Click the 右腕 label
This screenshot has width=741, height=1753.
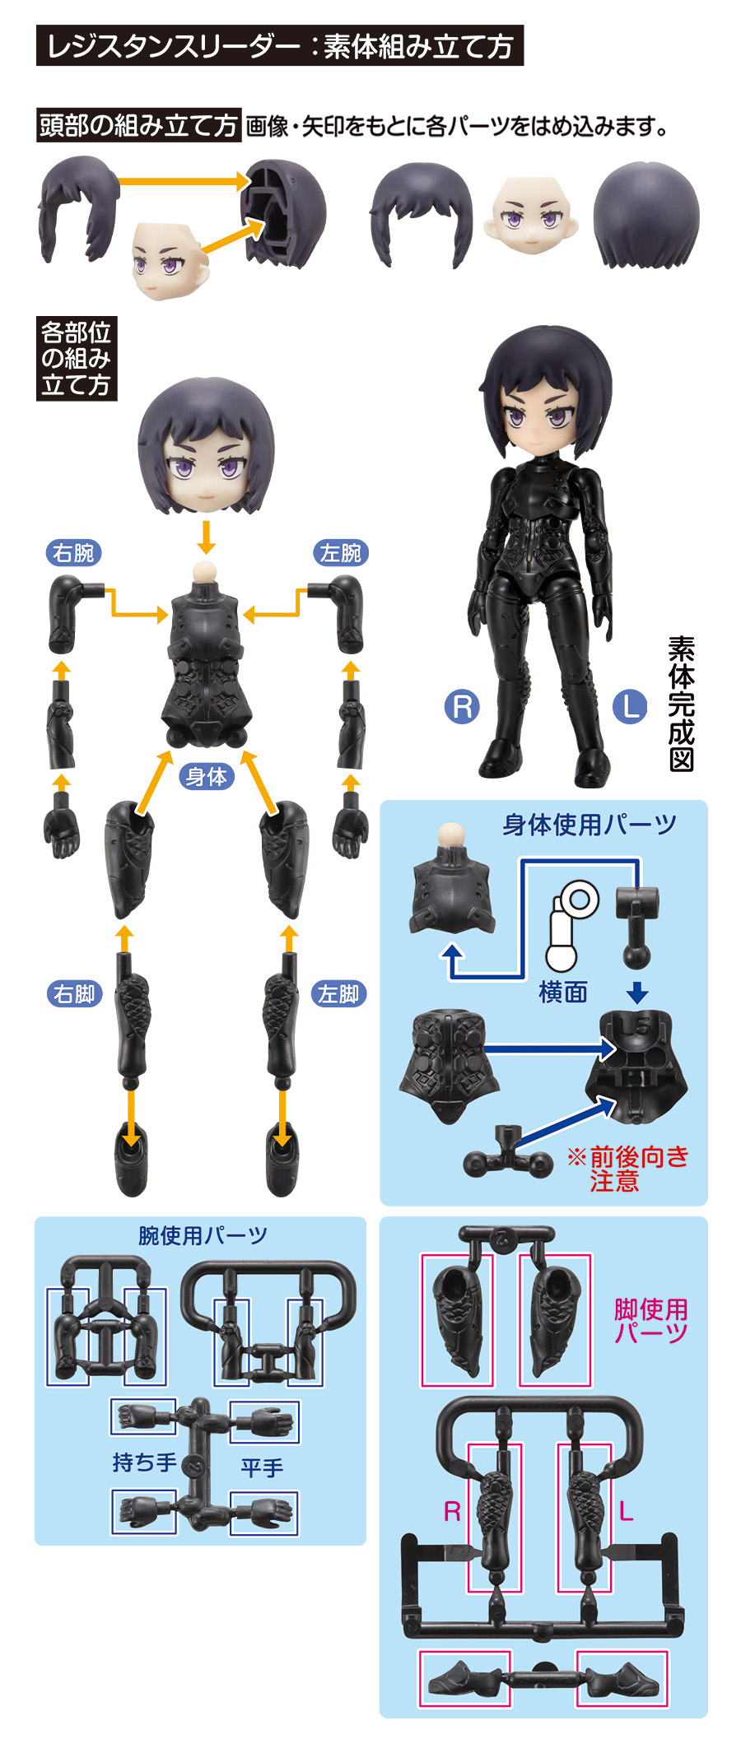pos(73,552)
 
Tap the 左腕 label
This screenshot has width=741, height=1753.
pos(341,552)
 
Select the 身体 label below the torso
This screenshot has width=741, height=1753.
pos(206,776)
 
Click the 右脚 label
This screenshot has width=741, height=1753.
pos(74,994)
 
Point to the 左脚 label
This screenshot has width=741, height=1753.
pos(338,994)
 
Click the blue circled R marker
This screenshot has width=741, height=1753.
pos(462,706)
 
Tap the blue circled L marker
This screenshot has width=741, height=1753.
pos(631,706)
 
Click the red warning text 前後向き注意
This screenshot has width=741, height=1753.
pos(627,1169)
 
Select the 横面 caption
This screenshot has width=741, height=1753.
pos(563,992)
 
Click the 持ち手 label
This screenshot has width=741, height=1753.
pos(144,1462)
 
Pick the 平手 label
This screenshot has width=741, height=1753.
pos(262,1467)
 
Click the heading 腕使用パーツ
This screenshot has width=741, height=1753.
pos(203,1235)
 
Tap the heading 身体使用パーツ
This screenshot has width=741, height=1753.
pos(590,824)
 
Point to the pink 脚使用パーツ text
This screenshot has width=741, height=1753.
pos(650,1321)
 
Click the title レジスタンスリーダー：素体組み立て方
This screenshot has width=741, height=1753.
pos(280,46)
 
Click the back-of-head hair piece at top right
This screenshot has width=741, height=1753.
pos(646,215)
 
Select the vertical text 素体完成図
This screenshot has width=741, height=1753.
pos(681,704)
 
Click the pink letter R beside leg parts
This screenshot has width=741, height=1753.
pos(452,1511)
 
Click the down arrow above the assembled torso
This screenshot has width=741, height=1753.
pos(206,537)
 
